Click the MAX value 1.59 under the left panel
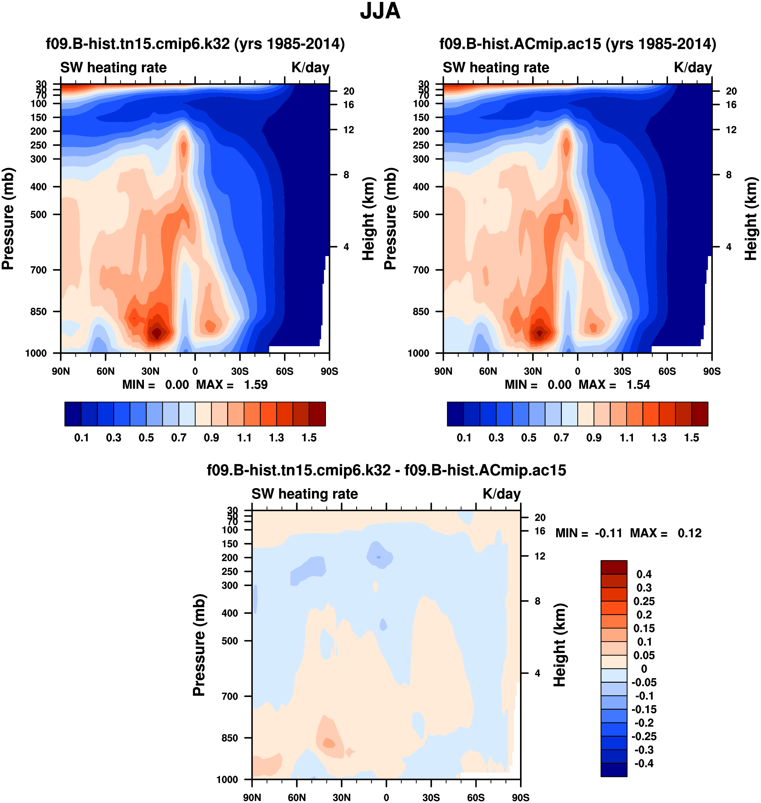click(x=255, y=385)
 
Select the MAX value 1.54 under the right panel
click(x=638, y=385)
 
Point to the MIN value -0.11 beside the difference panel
click(x=608, y=533)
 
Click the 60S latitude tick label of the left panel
click(x=284, y=371)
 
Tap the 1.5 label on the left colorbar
click(x=309, y=438)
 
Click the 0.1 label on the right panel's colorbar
click(x=464, y=438)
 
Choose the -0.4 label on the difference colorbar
click(x=644, y=764)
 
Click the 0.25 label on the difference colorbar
click(x=644, y=601)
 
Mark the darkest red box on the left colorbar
click(x=317, y=414)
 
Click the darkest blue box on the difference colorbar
click(x=614, y=770)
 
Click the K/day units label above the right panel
click(x=693, y=67)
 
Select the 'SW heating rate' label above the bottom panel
click(x=305, y=494)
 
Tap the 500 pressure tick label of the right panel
click(x=421, y=215)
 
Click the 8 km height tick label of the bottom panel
click(x=537, y=601)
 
